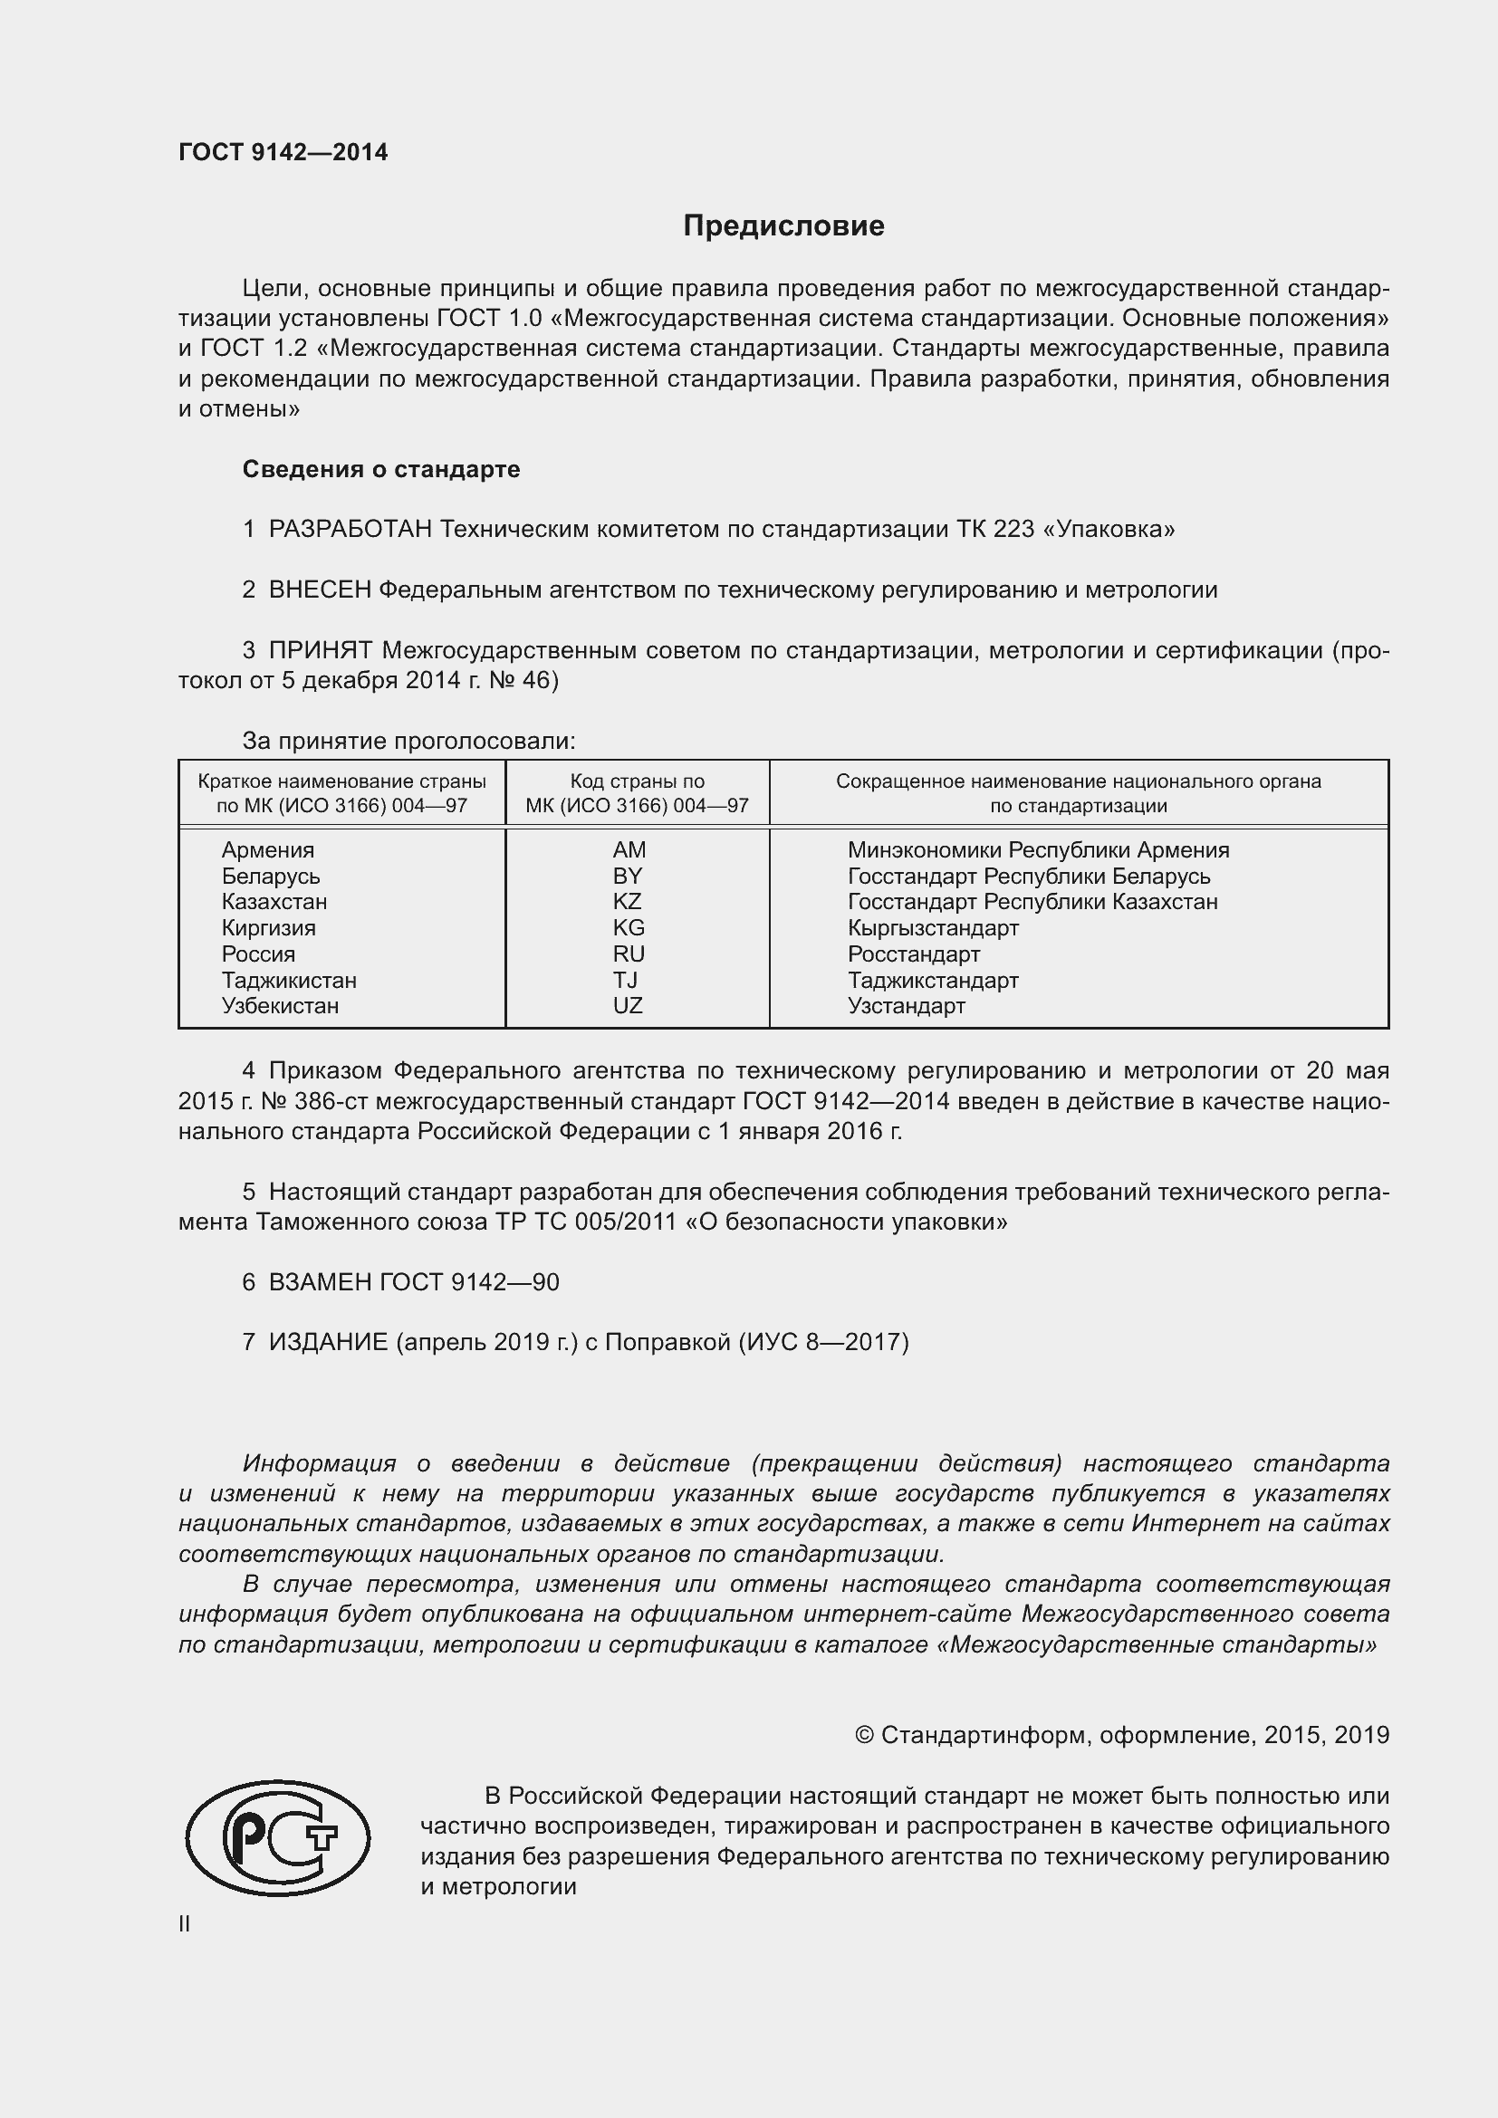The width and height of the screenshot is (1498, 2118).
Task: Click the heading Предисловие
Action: (x=783, y=226)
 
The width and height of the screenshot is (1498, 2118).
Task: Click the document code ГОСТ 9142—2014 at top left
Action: (x=283, y=153)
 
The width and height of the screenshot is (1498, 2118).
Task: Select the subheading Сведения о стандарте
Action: (x=381, y=470)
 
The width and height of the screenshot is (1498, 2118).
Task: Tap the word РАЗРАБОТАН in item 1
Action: (x=350, y=530)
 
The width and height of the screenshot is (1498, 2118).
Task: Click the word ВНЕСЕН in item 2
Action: (x=319, y=590)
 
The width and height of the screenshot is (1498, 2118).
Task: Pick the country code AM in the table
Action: (x=629, y=849)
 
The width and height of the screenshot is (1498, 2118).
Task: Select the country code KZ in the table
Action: (x=628, y=901)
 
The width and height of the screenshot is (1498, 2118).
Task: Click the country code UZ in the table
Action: (x=628, y=1005)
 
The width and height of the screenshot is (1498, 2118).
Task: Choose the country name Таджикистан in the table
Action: (x=289, y=980)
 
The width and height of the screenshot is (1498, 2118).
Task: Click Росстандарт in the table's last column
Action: (x=913, y=954)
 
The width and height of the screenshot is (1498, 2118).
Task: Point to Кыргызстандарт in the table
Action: (x=933, y=928)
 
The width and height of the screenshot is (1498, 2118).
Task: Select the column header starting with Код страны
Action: (x=637, y=792)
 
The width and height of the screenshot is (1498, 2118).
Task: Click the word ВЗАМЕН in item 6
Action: (x=320, y=1282)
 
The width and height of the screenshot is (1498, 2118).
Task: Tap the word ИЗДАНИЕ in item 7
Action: (x=329, y=1342)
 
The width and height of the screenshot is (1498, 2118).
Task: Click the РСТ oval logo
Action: (x=278, y=1837)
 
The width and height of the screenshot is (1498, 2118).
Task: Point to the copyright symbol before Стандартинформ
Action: (x=863, y=1735)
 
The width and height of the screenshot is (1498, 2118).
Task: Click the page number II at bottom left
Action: (x=185, y=1924)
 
